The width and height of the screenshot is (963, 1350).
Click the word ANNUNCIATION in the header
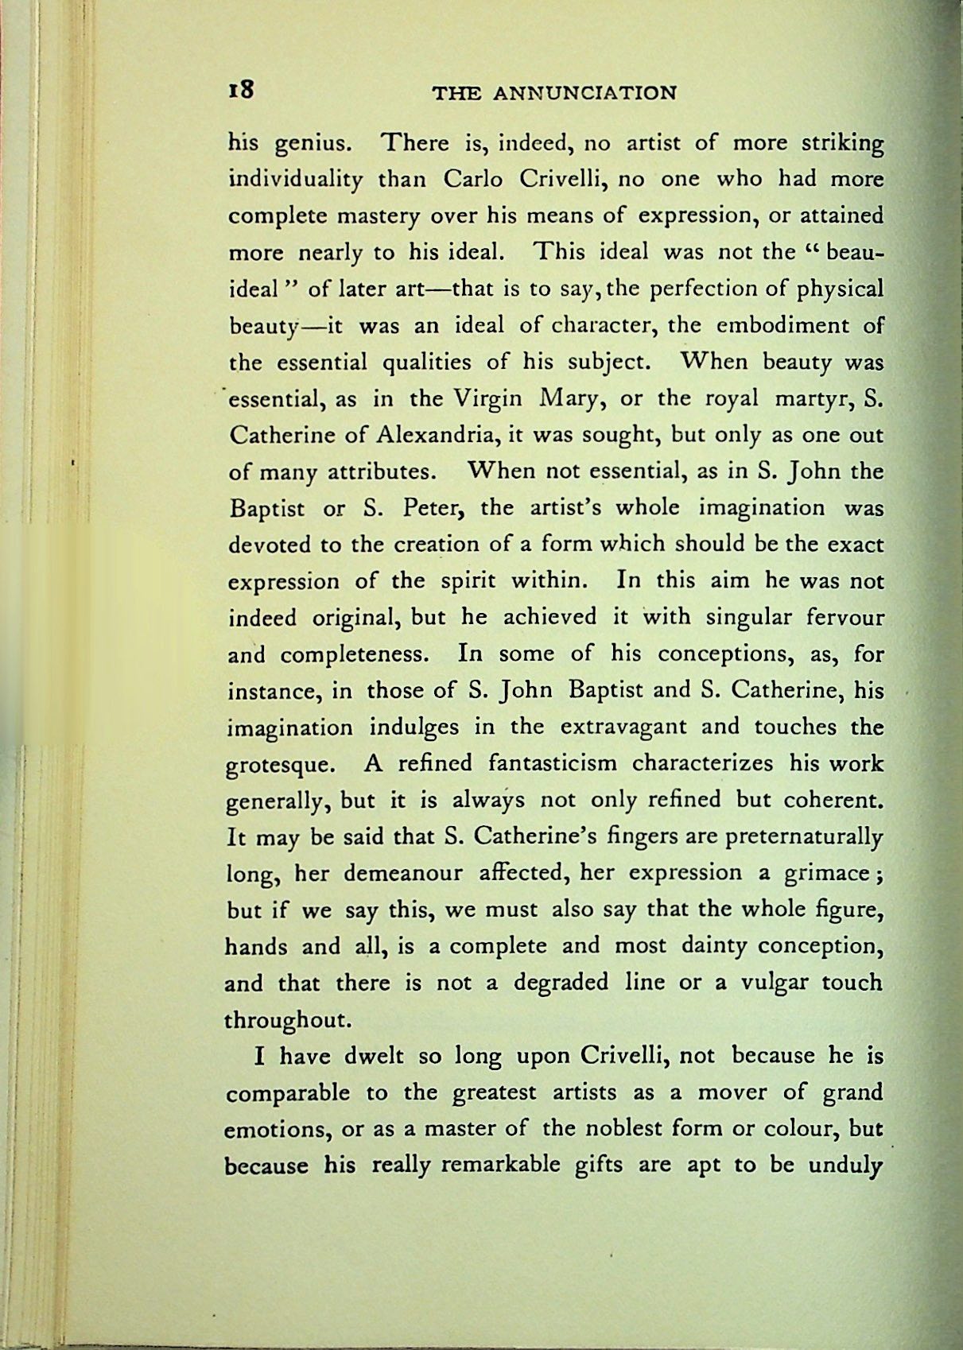(584, 93)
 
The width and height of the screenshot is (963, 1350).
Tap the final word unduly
(845, 1166)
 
